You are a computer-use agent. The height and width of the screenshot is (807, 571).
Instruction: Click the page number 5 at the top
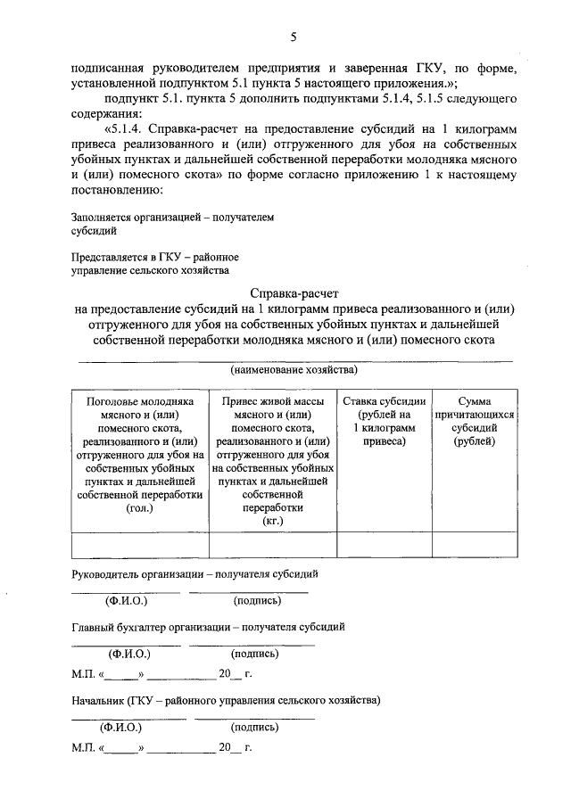(292, 36)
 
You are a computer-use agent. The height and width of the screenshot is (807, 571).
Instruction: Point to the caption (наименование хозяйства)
(294, 369)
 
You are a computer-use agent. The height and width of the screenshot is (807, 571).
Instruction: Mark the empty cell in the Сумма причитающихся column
(474, 544)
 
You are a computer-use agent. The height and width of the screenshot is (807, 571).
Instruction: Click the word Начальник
(97, 700)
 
